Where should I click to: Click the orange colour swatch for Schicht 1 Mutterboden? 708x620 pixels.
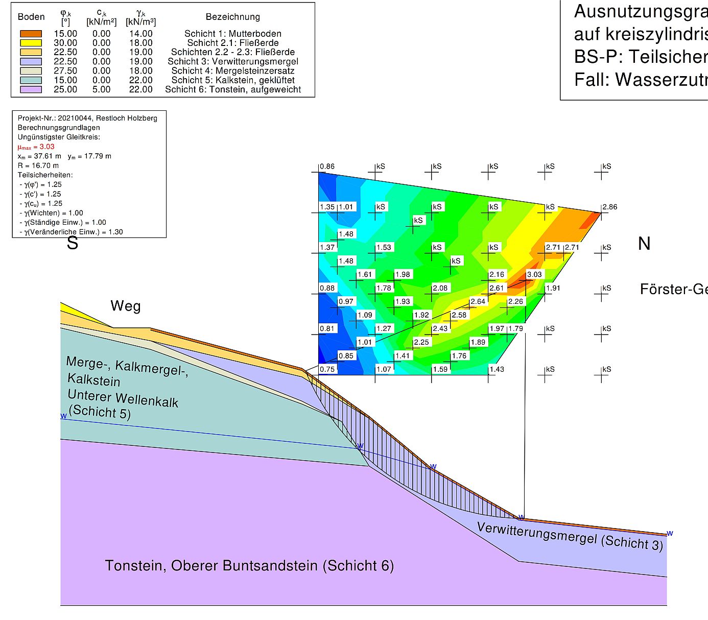coord(31,34)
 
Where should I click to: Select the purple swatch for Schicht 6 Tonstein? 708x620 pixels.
coord(31,89)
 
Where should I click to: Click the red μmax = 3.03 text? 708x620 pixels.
coord(36,147)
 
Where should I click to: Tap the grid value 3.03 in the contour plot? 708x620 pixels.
coord(534,274)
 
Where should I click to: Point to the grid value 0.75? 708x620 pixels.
coord(327,369)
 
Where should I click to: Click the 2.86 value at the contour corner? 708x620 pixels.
coord(609,207)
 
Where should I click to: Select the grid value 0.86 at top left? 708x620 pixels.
coord(327,166)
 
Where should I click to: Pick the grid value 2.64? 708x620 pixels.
coord(478,301)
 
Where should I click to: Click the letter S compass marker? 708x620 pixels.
coord(73,243)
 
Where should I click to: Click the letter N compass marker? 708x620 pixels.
coord(644,244)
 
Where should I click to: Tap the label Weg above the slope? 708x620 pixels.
coord(125,306)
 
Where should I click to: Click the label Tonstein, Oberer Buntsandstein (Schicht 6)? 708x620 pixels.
coord(249,565)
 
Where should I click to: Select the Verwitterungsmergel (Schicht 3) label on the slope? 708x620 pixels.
coord(570,536)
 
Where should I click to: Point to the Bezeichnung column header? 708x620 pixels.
coord(232,17)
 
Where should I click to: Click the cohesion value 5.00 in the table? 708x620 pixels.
coord(101,89)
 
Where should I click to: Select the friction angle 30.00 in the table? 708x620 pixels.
coord(65,43)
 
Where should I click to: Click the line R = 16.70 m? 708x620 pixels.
coord(38,165)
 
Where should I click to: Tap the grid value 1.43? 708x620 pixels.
coord(497,369)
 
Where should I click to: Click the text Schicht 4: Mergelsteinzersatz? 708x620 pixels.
coord(232,71)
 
